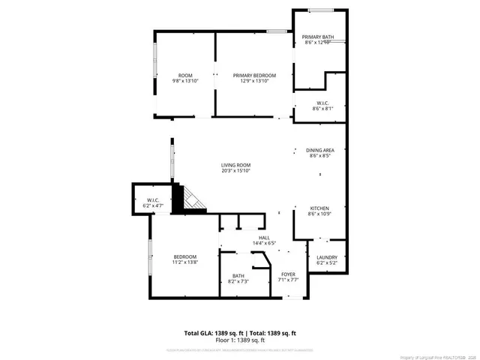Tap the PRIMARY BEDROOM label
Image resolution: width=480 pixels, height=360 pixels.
[254, 76]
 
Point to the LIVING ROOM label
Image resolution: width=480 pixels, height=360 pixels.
[235, 165]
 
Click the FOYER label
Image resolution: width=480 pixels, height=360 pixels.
[289, 275]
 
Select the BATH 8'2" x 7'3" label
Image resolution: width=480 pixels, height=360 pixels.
[238, 276]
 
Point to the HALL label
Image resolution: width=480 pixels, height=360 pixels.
[243, 237]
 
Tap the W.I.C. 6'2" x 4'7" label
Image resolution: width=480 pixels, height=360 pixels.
[152, 200]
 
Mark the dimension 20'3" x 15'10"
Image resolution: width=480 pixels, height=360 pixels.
[235, 171]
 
